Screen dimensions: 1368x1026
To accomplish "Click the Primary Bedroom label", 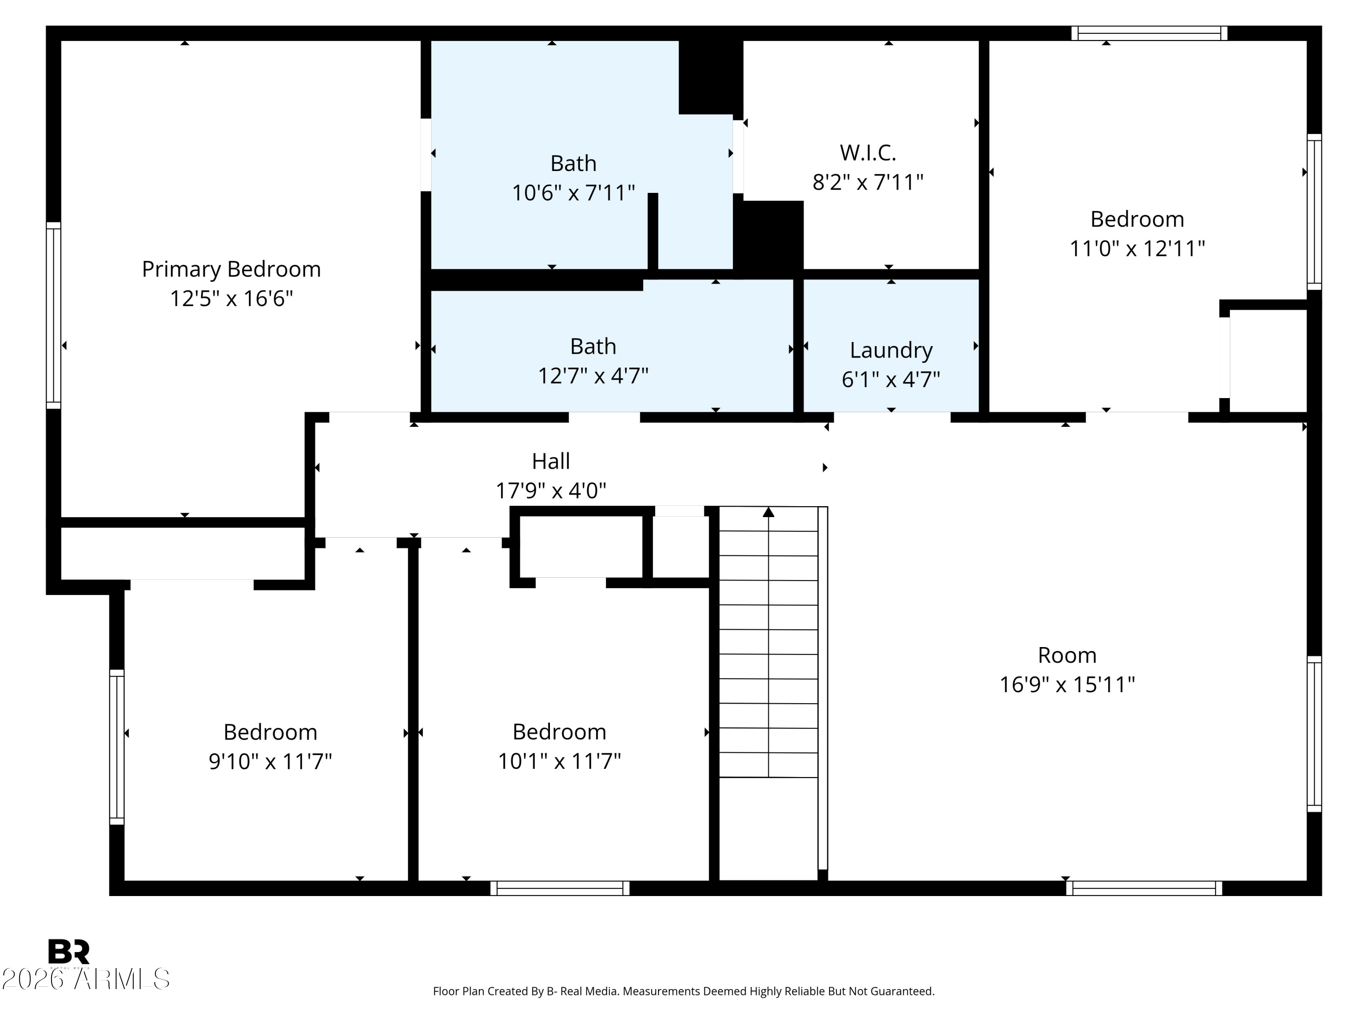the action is (231, 269).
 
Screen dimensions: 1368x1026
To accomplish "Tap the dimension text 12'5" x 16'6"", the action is (231, 299).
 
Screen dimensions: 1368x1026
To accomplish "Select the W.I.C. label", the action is (868, 152).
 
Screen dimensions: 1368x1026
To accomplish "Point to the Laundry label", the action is (891, 351).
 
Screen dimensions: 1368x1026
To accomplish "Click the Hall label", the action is (551, 461).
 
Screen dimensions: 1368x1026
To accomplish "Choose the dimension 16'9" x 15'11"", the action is (1067, 684).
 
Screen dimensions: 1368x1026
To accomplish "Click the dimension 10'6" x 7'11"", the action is (573, 193).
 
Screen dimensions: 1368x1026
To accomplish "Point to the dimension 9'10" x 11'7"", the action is (270, 762).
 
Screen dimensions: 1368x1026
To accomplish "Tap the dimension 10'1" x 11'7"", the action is (560, 762).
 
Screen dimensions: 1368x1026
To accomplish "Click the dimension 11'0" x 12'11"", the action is (1137, 249).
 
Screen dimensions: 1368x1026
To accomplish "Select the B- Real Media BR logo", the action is (69, 952).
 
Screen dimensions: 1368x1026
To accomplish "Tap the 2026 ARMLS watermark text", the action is (85, 979).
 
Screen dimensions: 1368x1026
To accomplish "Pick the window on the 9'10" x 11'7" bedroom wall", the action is (117, 747).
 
